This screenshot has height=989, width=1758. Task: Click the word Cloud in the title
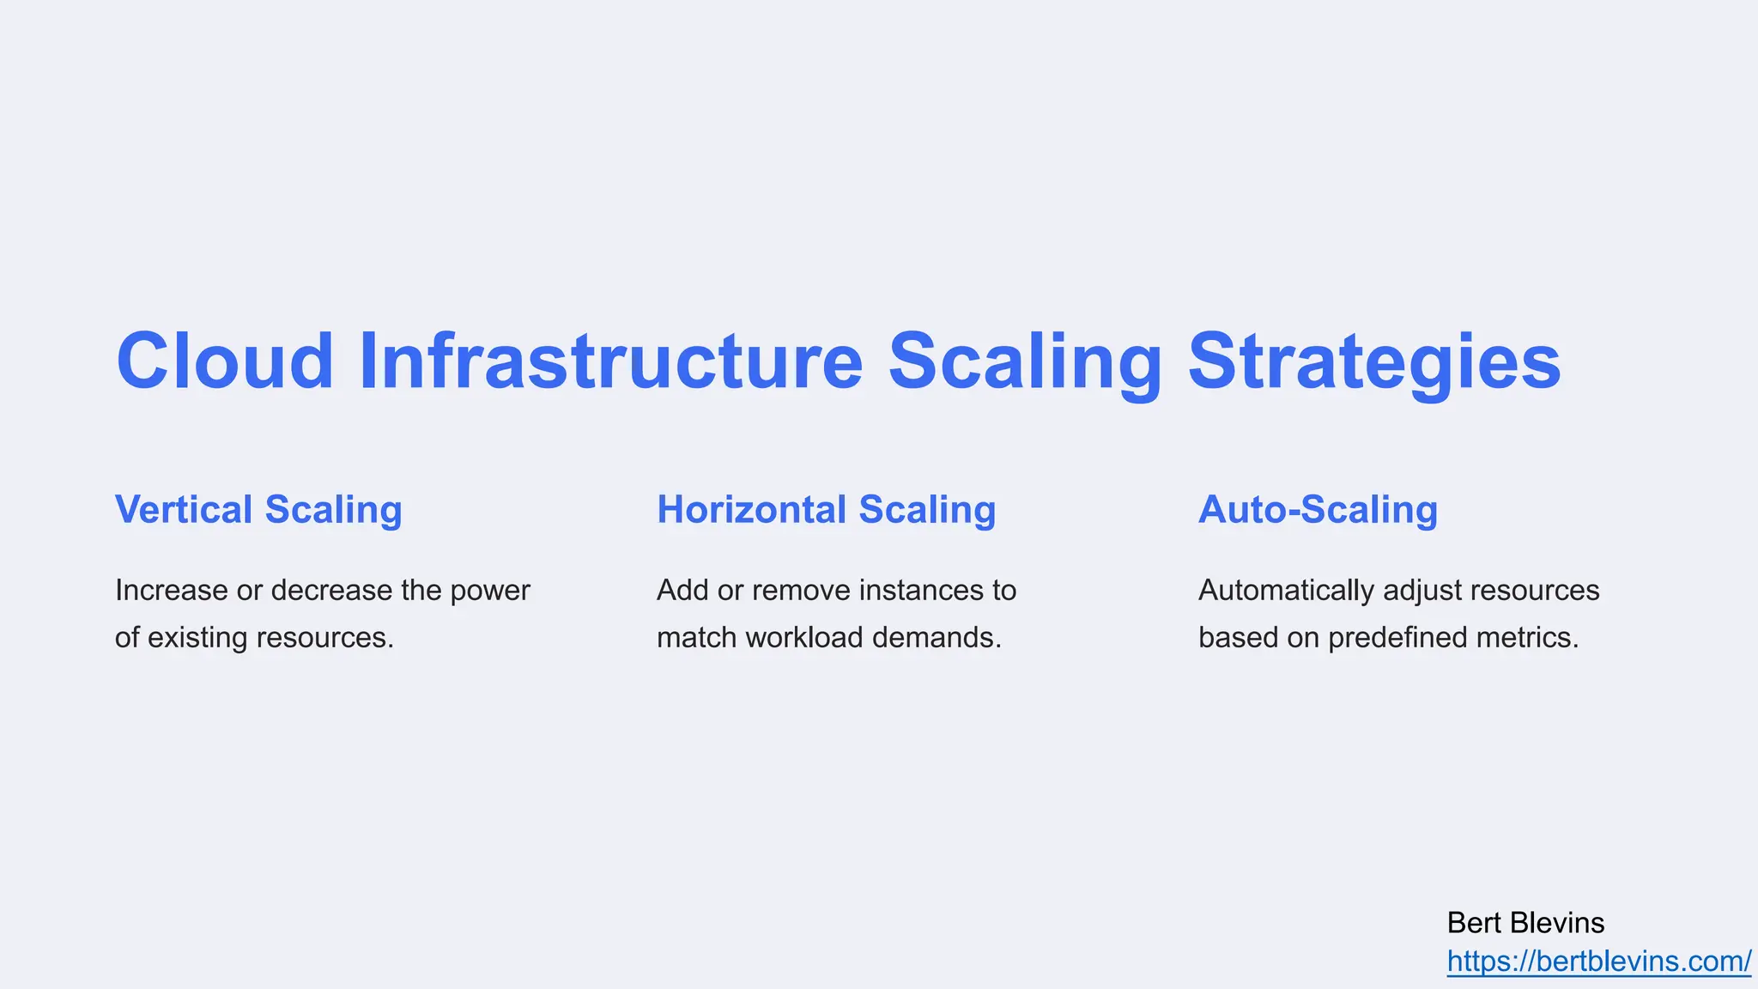click(x=225, y=361)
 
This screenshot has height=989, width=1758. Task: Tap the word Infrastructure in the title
click(x=610, y=361)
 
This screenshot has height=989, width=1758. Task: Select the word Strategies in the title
click(x=1373, y=361)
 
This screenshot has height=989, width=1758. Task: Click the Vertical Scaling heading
click(x=258, y=509)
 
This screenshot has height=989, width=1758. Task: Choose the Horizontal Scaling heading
click(x=826, y=509)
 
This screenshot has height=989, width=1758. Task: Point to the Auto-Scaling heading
click(x=1318, y=509)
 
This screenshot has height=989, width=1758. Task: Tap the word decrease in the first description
click(x=331, y=591)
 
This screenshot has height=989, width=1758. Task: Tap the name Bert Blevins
click(x=1525, y=923)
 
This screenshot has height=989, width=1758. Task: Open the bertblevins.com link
click(x=1598, y=962)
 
